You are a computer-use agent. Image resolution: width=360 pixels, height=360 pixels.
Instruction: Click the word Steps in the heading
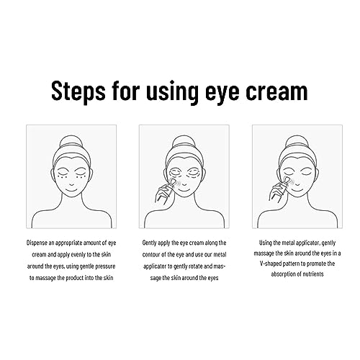(78, 91)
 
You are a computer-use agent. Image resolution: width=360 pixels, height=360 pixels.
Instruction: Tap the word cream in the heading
(276, 91)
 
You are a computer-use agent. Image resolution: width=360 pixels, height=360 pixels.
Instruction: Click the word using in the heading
(172, 92)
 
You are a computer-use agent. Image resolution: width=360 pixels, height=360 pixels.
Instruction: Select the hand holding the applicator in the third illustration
(276, 192)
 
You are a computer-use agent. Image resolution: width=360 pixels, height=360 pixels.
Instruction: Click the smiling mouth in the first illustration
(71, 190)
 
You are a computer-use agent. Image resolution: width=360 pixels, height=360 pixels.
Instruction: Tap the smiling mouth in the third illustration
(297, 190)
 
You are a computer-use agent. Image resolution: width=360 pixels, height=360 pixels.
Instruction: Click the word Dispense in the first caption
(37, 243)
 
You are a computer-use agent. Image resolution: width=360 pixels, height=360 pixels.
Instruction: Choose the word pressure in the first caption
(105, 266)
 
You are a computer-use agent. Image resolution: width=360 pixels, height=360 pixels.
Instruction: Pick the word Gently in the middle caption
(150, 243)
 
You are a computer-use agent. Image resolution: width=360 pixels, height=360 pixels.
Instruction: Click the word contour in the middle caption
(151, 254)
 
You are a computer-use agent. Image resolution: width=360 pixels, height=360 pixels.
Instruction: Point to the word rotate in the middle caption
(191, 266)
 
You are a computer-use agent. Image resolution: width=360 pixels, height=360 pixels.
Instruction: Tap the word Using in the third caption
(265, 243)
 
